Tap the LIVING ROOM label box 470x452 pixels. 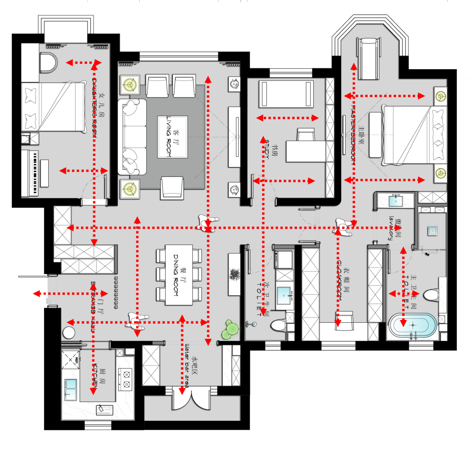[172, 137]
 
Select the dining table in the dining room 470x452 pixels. [178, 275]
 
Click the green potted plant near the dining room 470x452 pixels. [230, 329]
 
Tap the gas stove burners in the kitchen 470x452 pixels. [127, 378]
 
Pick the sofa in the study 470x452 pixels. [286, 94]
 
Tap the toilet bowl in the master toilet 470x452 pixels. [431, 295]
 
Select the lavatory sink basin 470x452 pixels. [395, 201]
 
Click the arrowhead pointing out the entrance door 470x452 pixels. [37, 294]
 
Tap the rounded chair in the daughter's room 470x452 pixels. [48, 62]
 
